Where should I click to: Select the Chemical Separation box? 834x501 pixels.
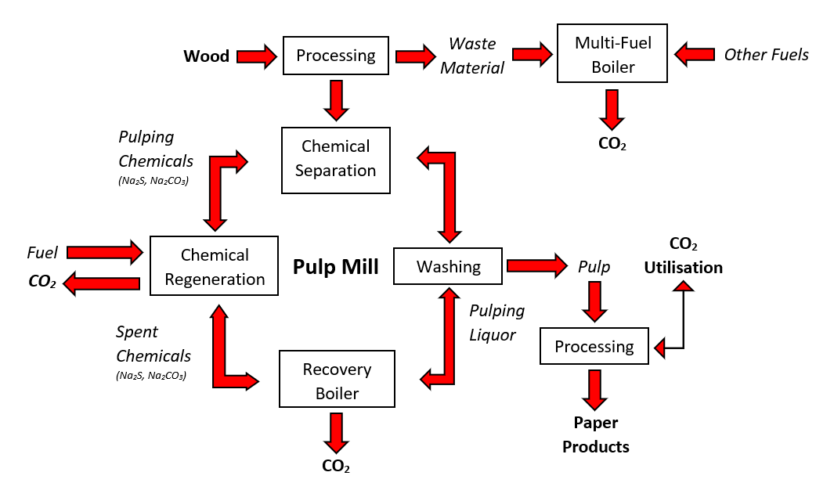click(x=335, y=158)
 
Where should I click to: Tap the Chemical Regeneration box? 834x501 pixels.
click(x=214, y=266)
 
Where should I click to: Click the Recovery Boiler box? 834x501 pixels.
click(x=337, y=380)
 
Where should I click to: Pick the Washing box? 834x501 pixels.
click(x=448, y=266)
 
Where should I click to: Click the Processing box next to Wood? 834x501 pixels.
click(x=335, y=56)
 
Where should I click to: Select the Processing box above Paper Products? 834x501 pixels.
click(x=594, y=346)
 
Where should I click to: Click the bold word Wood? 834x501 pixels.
click(x=206, y=56)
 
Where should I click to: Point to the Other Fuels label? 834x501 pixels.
click(x=766, y=54)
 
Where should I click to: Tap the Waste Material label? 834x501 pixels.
click(x=471, y=56)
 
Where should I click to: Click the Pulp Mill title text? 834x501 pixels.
click(x=335, y=267)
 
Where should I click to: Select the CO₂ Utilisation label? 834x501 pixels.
click(x=683, y=256)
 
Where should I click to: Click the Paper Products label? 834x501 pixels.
click(x=596, y=434)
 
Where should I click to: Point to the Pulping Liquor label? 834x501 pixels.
click(x=497, y=323)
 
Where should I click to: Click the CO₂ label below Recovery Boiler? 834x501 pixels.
click(x=336, y=466)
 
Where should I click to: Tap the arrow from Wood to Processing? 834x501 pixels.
click(x=256, y=56)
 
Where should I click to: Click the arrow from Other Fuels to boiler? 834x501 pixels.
click(x=694, y=54)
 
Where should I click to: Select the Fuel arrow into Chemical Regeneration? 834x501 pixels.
click(x=105, y=252)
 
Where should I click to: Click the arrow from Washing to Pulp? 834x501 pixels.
click(x=536, y=266)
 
